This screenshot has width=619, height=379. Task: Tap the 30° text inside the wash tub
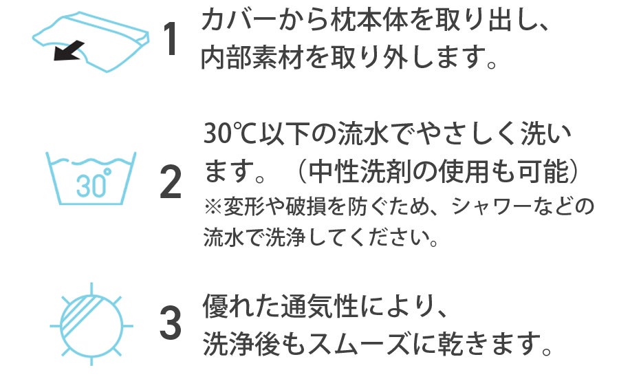[91, 184]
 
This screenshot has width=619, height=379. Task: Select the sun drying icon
[91, 321]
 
